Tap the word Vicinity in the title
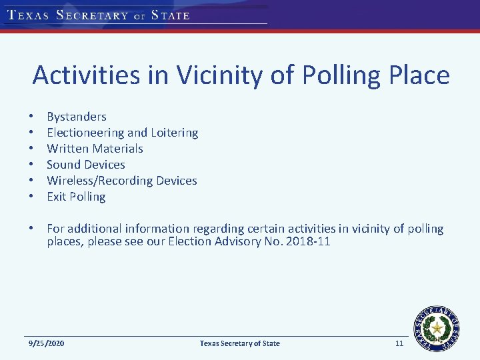[228, 75]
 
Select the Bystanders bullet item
[76, 117]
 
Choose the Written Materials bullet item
[95, 149]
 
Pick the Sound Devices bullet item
[85, 165]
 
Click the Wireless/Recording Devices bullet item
[121, 181]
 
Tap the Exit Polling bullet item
[76, 197]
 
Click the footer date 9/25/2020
[46, 343]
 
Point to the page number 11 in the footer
[399, 343]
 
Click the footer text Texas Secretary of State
[240, 343]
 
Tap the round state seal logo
[437, 327]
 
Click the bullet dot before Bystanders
[31, 117]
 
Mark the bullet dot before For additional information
[31, 229]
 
